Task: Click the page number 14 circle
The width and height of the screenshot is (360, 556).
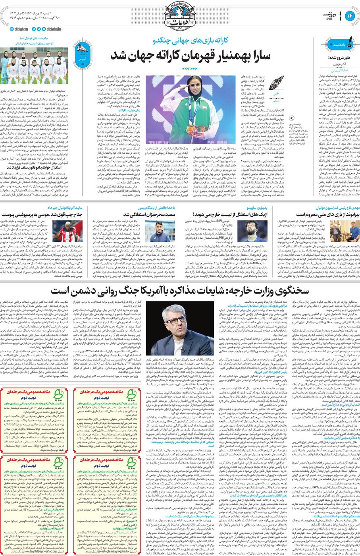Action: pyautogui.click(x=350, y=15)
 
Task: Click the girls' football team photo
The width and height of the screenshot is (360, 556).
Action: pyautogui.click(x=34, y=65)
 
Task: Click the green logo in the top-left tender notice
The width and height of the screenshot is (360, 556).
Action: pyautogui.click(x=58, y=394)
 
